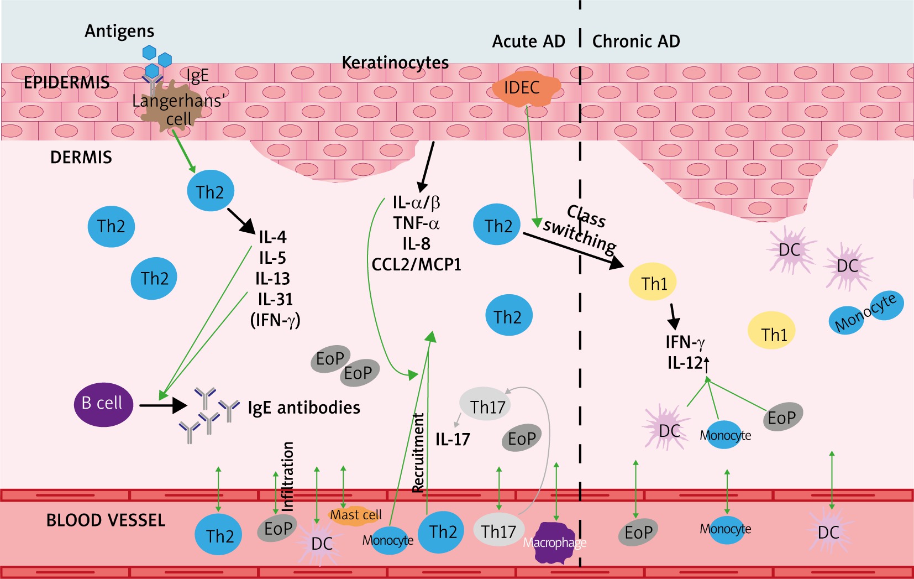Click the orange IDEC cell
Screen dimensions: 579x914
click(x=524, y=88)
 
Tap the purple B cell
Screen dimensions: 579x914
click(x=103, y=404)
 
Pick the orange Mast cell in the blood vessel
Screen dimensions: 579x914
click(x=355, y=515)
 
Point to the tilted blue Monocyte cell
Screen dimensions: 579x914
click(x=866, y=313)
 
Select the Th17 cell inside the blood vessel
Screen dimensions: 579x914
click(x=498, y=531)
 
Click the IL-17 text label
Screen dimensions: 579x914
click(x=453, y=440)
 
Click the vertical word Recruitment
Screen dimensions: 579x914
click(x=418, y=452)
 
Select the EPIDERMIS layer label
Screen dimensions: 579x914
click(x=66, y=82)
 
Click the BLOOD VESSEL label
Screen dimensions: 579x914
click(x=106, y=520)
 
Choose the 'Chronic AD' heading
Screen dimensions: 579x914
click(x=636, y=41)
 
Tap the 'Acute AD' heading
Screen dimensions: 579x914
click(x=529, y=41)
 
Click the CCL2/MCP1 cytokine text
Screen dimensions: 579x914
click(x=416, y=265)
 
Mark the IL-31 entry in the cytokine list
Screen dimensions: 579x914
click(x=275, y=299)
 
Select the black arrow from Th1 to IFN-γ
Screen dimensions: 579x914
click(x=673, y=316)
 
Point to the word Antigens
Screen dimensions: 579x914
click(x=119, y=31)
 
